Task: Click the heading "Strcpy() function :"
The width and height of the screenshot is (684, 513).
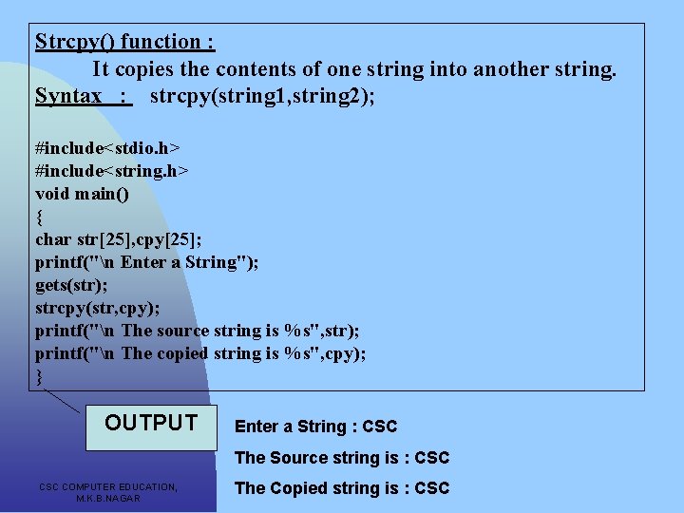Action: click(x=124, y=42)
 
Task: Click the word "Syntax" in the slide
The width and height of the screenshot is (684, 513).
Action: click(x=68, y=96)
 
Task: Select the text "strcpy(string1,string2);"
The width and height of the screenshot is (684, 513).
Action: click(x=262, y=96)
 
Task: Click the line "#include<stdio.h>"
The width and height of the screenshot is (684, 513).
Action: click(x=107, y=148)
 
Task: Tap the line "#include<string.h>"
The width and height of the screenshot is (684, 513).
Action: click(x=111, y=171)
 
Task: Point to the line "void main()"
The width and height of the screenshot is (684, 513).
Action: click(x=82, y=194)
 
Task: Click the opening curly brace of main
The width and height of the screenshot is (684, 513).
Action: click(x=39, y=217)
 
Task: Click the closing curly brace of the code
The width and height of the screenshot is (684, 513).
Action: click(x=39, y=376)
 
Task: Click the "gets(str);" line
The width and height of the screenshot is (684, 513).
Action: click(x=71, y=285)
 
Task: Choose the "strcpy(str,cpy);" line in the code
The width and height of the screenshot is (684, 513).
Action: click(x=97, y=308)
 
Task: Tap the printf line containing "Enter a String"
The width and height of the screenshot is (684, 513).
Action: click(x=147, y=262)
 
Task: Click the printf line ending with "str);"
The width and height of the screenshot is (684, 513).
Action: click(x=197, y=331)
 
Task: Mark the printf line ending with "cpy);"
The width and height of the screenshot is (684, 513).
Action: click(x=200, y=353)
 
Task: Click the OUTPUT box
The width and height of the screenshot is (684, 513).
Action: click(x=151, y=424)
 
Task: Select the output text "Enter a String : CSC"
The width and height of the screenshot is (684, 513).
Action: click(x=315, y=427)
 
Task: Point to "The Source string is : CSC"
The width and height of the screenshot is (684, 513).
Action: click(x=341, y=458)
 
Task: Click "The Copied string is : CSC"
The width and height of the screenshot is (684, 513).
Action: click(x=341, y=488)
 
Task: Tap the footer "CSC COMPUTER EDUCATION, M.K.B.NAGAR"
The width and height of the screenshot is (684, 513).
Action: click(x=108, y=492)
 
